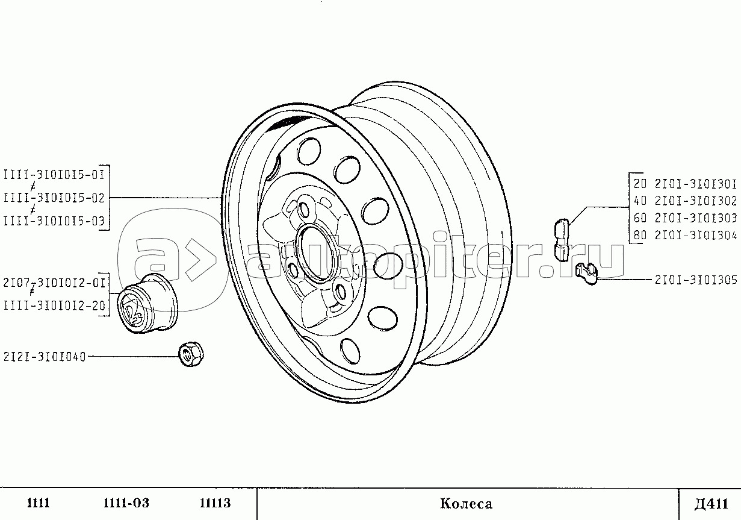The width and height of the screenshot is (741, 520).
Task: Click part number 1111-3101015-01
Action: click(x=54, y=175)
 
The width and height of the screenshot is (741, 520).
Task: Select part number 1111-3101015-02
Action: click(x=54, y=198)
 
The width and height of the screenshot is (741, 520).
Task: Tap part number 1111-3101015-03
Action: click(x=54, y=221)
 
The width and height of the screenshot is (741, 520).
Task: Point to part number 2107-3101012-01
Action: click(x=54, y=283)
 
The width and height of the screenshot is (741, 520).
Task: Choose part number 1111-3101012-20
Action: click(x=54, y=305)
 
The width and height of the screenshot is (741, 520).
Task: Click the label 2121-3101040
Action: click(x=45, y=357)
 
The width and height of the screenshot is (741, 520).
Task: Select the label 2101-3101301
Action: click(x=696, y=184)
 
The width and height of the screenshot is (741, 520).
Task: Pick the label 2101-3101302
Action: click(x=696, y=201)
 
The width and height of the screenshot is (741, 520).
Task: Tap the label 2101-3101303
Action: click(x=696, y=218)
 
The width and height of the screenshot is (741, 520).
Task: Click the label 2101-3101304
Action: click(x=696, y=235)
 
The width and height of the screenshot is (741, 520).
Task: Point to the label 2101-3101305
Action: click(x=696, y=280)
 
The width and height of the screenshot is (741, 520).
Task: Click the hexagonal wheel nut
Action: click(x=191, y=355)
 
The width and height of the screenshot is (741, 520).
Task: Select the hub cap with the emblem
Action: click(x=147, y=304)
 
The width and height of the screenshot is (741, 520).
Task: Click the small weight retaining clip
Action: click(x=586, y=273)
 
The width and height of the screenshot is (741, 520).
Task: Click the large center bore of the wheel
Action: click(x=315, y=254)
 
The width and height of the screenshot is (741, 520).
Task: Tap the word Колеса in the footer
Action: click(x=466, y=504)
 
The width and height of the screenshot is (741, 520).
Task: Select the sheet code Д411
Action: click(x=712, y=504)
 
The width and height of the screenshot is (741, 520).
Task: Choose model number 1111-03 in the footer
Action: click(x=126, y=503)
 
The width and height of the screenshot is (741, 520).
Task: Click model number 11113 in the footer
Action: click(x=215, y=503)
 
